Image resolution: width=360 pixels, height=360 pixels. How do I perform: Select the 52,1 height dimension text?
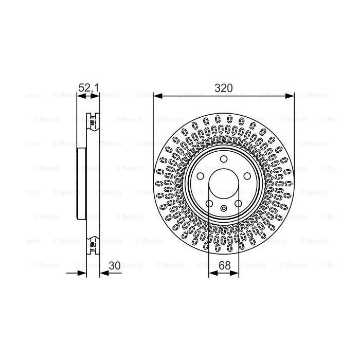pos(87,88)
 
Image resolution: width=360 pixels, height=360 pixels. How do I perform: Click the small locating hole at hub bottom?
pos(224,208)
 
